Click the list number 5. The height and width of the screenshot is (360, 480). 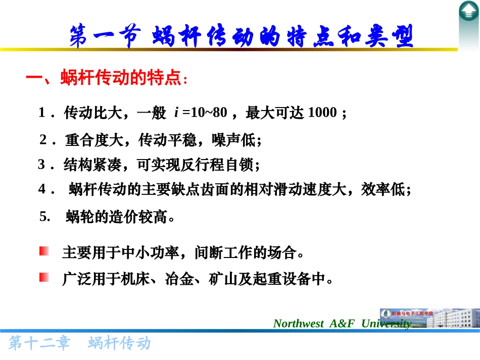click(44, 217)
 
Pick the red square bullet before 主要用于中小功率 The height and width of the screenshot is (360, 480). click(44, 251)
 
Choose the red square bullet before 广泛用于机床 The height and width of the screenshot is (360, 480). click(44, 277)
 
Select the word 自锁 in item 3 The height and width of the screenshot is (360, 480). click(242, 165)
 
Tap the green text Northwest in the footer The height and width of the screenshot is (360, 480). click(298, 324)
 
